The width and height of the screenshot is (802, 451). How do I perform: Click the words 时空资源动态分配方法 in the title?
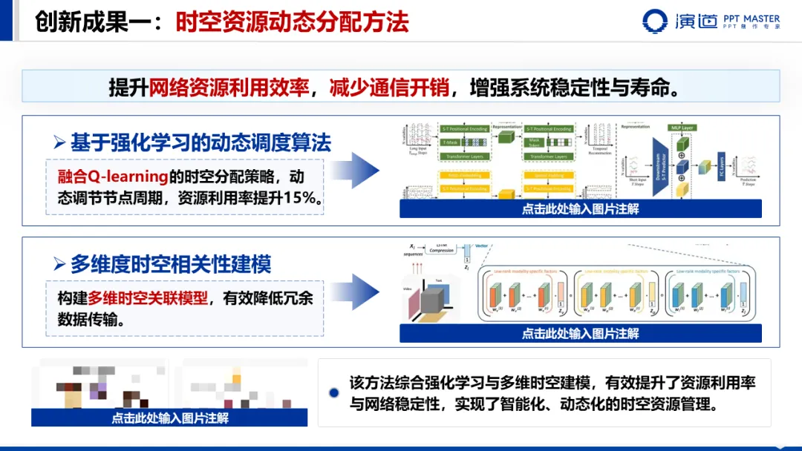pos(292,22)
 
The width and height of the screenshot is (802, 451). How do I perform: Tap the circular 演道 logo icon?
pos(655,22)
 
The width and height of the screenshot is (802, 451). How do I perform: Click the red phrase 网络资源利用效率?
pos(229,88)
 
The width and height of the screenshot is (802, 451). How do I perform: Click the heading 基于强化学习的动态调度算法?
pos(200,142)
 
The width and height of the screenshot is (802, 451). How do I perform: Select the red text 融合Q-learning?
pos(111,177)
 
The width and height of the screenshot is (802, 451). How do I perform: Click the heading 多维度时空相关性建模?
pos(171,263)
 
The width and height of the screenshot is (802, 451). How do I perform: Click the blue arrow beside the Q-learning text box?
pos(365,170)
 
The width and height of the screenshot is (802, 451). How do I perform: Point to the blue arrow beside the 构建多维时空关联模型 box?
pos(365,292)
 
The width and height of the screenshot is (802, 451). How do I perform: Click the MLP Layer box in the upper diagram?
pos(681,128)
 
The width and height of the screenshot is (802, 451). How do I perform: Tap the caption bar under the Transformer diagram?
pos(580,209)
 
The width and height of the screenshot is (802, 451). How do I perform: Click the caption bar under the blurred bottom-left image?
pos(169,418)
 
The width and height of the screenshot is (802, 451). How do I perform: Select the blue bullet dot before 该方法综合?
pos(334,392)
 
